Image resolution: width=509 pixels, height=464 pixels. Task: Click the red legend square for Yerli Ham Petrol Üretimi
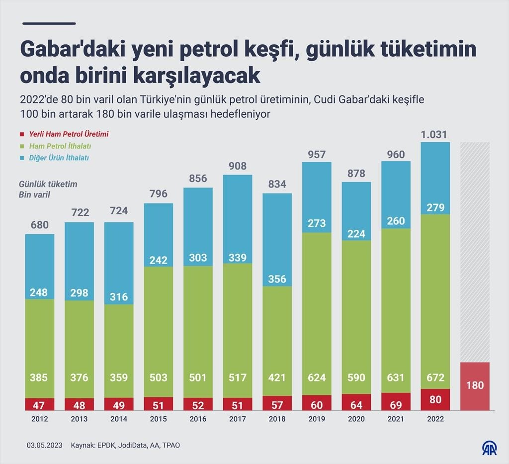pyautogui.click(x=22, y=134)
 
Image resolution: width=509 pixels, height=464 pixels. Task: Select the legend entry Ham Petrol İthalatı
pyautogui.click(x=60, y=146)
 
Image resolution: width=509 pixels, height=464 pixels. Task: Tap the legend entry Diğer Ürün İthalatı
pyautogui.click(x=59, y=158)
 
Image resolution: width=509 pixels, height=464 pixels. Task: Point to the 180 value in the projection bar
pyautogui.click(x=475, y=385)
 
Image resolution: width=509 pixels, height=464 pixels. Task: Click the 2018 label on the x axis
pyautogui.click(x=277, y=419)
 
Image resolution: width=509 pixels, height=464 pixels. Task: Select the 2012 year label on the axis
pyautogui.click(x=39, y=419)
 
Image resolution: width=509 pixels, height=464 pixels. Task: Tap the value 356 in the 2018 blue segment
pyautogui.click(x=277, y=279)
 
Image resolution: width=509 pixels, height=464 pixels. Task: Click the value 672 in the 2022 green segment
pyautogui.click(x=435, y=378)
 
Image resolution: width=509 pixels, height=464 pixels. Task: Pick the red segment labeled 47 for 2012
pyautogui.click(x=39, y=404)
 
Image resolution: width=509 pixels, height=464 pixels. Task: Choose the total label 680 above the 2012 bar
pyautogui.click(x=39, y=225)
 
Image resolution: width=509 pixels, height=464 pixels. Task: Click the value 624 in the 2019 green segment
pyautogui.click(x=317, y=378)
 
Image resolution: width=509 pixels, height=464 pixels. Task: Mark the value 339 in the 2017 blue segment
pyautogui.click(x=238, y=257)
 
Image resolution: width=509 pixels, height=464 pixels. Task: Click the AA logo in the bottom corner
pyautogui.click(x=490, y=448)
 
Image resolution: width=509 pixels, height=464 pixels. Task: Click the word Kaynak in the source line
pyautogui.click(x=83, y=445)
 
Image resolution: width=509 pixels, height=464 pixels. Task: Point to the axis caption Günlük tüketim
pyautogui.click(x=48, y=185)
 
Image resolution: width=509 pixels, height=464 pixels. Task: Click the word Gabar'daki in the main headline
pyautogui.click(x=75, y=50)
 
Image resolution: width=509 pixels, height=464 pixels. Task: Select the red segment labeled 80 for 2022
pyautogui.click(x=435, y=400)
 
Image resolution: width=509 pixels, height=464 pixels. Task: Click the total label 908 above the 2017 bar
pyautogui.click(x=238, y=166)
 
